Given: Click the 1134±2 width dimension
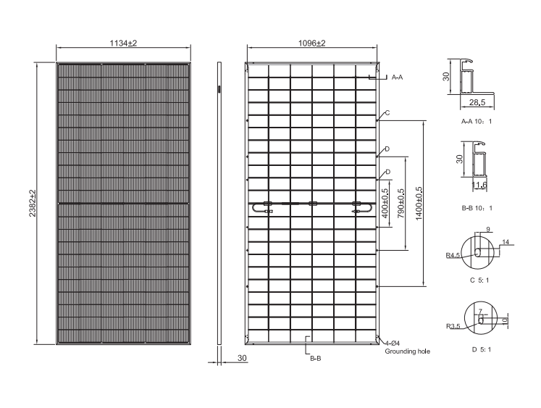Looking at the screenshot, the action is (x=124, y=43).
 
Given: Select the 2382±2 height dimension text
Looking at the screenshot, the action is (x=33, y=204).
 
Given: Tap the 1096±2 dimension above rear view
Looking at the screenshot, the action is (x=312, y=43).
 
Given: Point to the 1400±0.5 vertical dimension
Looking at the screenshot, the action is (x=419, y=204).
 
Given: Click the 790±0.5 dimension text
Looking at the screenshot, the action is (x=401, y=204).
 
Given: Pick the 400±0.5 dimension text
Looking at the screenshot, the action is (x=385, y=204).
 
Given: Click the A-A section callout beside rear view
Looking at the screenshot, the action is (x=397, y=78).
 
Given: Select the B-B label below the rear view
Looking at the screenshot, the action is (x=315, y=359).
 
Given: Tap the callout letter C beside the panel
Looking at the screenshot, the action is (x=387, y=113).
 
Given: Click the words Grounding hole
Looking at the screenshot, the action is (x=408, y=351).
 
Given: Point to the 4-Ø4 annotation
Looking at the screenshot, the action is (x=393, y=344).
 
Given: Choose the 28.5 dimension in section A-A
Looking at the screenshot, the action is (x=477, y=102).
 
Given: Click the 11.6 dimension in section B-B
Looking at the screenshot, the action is (x=479, y=185).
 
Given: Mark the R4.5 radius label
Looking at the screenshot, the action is (x=453, y=255).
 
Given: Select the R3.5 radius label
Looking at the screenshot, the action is (x=453, y=326).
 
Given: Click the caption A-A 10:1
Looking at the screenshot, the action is (x=477, y=122).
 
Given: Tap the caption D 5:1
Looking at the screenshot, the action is (x=482, y=350).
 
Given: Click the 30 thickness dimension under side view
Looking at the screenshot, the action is (x=242, y=358).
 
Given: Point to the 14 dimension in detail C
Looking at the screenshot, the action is (x=506, y=242).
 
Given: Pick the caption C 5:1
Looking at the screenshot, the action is (x=479, y=280).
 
